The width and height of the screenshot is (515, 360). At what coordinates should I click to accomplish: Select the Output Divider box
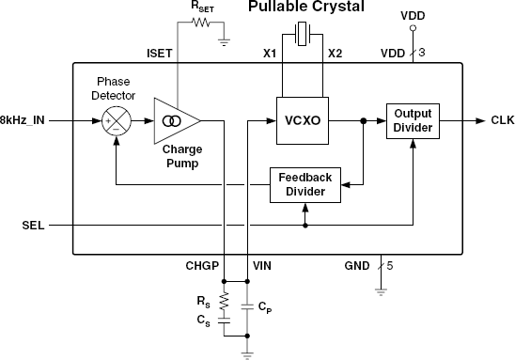click(x=411, y=120)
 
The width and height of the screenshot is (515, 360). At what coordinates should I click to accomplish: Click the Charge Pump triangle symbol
click(x=178, y=121)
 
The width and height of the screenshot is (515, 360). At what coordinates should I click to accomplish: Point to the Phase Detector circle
click(x=116, y=121)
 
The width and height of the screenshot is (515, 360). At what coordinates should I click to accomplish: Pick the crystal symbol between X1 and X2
click(x=302, y=36)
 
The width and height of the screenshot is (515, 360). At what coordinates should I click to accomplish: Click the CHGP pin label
click(x=202, y=267)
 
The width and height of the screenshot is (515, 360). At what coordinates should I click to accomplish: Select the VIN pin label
click(x=262, y=267)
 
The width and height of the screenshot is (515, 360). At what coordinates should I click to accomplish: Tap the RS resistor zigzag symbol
click(x=224, y=302)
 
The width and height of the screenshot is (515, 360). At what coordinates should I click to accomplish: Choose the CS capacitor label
click(x=203, y=321)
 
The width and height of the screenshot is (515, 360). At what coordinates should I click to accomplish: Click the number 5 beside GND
click(x=389, y=266)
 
